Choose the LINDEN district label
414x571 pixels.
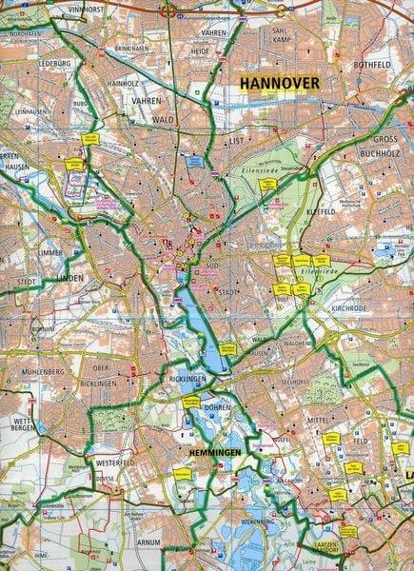(x=70, y=278)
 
